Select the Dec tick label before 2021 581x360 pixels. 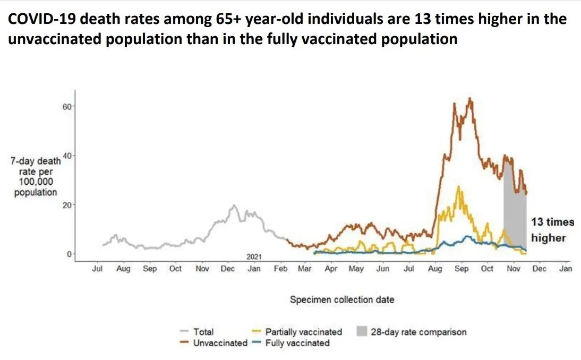tap(228, 269)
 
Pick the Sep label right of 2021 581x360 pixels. tap(462, 269)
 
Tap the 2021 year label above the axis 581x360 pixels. tap(254, 256)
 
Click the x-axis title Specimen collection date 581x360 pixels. tap(342, 300)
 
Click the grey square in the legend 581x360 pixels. tap(361, 332)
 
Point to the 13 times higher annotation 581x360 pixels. tap(549, 230)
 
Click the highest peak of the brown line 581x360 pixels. tap(469, 98)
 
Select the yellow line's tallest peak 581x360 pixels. tap(458, 186)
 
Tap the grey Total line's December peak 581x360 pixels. tap(233, 205)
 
